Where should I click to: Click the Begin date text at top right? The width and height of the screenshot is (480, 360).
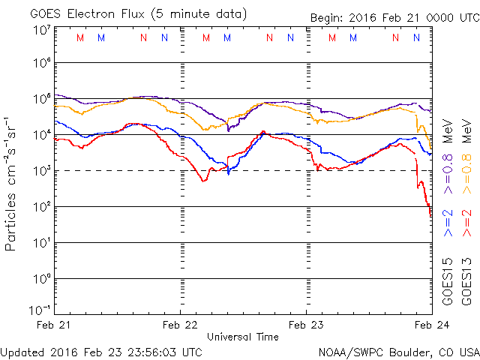pos(394,19)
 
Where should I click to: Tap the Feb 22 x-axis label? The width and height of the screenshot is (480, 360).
pos(181,325)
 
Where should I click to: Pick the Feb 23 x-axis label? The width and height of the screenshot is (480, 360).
pos(306,325)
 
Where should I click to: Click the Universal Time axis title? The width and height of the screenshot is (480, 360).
pos(243,337)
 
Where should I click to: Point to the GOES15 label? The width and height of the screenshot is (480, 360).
pos(448,280)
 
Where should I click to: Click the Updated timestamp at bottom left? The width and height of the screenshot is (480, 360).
pos(101,351)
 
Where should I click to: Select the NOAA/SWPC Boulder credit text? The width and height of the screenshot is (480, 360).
pos(398,351)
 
